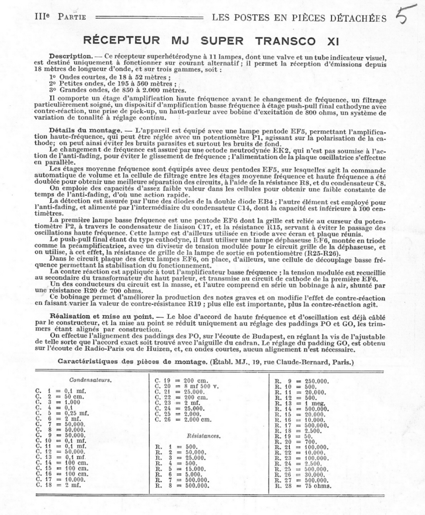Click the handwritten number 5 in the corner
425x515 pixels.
pyautogui.click(x=405, y=15)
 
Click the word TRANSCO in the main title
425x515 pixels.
pyautogui.click(x=285, y=41)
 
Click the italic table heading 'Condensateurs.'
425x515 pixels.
pyautogui.click(x=90, y=380)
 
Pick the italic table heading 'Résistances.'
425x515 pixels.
pyautogui.click(x=204, y=436)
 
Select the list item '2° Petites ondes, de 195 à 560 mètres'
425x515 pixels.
pyautogui.click(x=113, y=83)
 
